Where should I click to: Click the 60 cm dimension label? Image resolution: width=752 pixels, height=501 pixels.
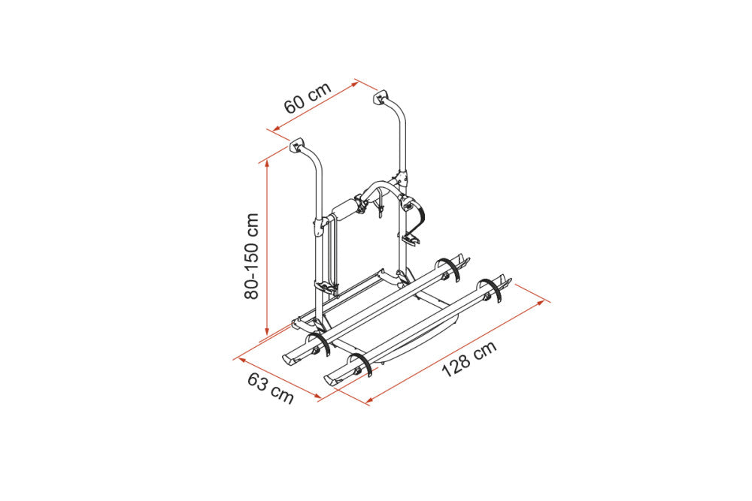pyautogui.click(x=308, y=98)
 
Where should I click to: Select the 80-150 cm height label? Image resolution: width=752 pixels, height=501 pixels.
pyautogui.click(x=251, y=256)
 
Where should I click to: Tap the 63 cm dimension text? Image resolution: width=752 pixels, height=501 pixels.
pyautogui.click(x=271, y=388)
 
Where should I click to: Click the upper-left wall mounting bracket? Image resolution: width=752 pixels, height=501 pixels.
pyautogui.click(x=297, y=145)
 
